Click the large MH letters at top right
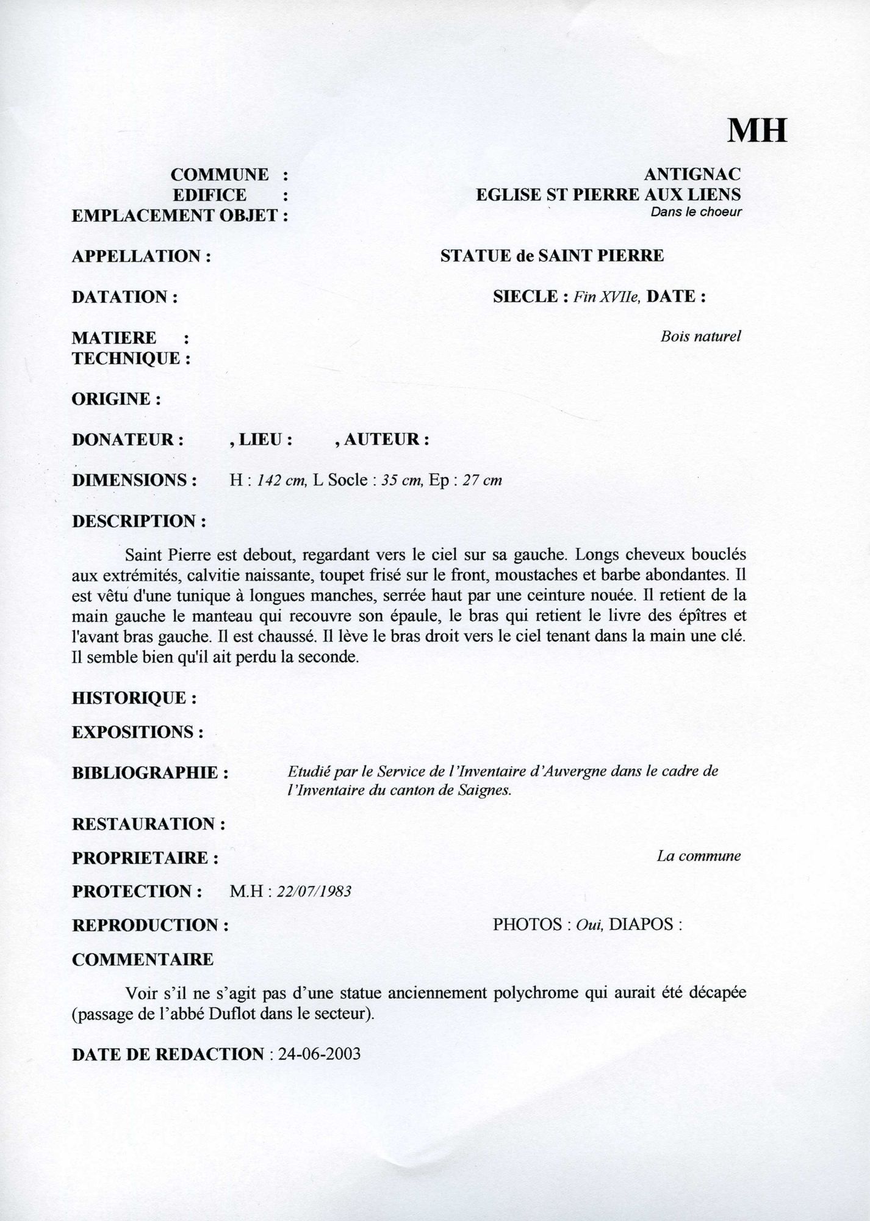(x=757, y=129)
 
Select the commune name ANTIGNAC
(x=692, y=175)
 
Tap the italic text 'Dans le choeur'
(x=696, y=212)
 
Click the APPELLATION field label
(x=141, y=256)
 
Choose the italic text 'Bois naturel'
(x=700, y=336)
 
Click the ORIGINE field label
(x=116, y=399)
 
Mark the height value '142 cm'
(x=281, y=480)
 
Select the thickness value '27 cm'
(x=482, y=480)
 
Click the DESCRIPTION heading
(x=138, y=522)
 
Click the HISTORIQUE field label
(x=134, y=698)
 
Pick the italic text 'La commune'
(x=699, y=856)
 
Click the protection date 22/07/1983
(x=314, y=891)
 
